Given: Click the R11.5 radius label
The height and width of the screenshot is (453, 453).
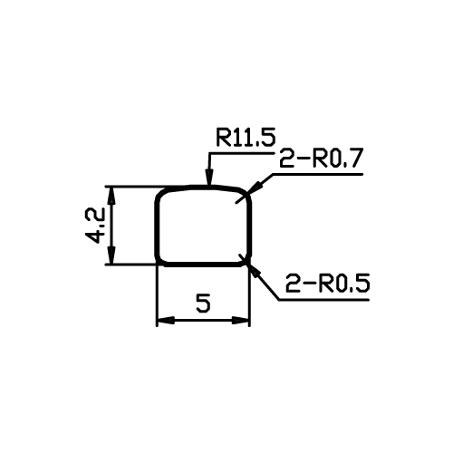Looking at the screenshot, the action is coord(246,138).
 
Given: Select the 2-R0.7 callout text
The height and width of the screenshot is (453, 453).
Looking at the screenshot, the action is coord(321,158).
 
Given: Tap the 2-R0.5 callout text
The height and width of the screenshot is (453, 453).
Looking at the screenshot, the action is coord(328,283).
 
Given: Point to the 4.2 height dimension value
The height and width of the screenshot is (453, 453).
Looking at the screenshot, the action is coord(95,226).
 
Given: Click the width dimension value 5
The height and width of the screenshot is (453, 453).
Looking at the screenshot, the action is coord(203,303).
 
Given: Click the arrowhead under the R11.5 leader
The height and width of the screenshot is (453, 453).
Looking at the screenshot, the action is coord(209,177).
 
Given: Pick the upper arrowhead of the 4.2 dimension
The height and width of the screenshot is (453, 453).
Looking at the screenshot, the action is coord(111,196).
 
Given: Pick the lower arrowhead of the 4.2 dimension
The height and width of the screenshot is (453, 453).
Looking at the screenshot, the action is coord(111,255).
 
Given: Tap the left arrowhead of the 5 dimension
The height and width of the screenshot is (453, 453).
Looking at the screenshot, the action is coord(166,321).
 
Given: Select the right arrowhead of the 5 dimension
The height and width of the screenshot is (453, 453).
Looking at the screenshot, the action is coord(241,321).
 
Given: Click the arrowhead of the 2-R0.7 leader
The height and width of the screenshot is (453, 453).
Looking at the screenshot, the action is coord(253,188).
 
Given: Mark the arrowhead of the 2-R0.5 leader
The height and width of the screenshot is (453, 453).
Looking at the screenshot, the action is coord(253,270).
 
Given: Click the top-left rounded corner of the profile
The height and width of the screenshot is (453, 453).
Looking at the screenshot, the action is coord(160,193).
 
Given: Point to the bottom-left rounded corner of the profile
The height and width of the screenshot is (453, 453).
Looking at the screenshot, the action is coord(159,262).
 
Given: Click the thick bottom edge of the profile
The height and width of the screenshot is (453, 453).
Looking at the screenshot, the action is coord(203,265).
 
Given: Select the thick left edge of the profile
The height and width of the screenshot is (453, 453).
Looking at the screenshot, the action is coord(157,228).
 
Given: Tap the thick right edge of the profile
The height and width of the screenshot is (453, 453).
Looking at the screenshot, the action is coord(250,228).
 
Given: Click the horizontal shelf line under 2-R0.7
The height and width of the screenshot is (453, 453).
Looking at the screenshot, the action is coord(317,174).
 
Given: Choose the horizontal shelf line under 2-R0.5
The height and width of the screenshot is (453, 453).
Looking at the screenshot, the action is coord(323,300).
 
